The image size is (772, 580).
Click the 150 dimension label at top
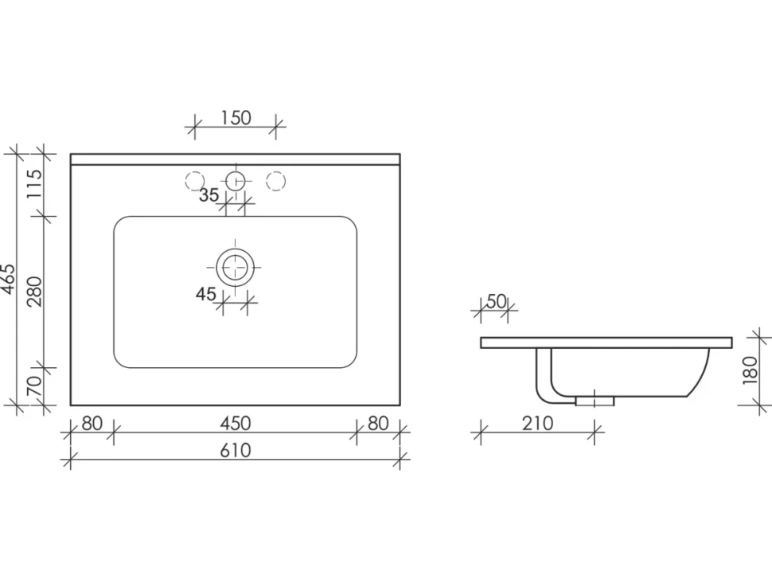click(236, 118)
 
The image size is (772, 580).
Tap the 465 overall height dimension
click(9, 280)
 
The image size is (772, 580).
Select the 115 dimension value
click(34, 184)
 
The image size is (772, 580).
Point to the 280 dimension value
click(34, 292)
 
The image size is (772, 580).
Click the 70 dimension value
click(34, 386)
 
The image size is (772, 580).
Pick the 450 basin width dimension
click(236, 423)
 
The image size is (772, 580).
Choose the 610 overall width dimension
click(236, 450)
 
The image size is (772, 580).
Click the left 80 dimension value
click(92, 423)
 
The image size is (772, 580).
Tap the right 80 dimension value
click(378, 423)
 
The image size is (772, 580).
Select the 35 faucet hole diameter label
click(209, 195)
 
